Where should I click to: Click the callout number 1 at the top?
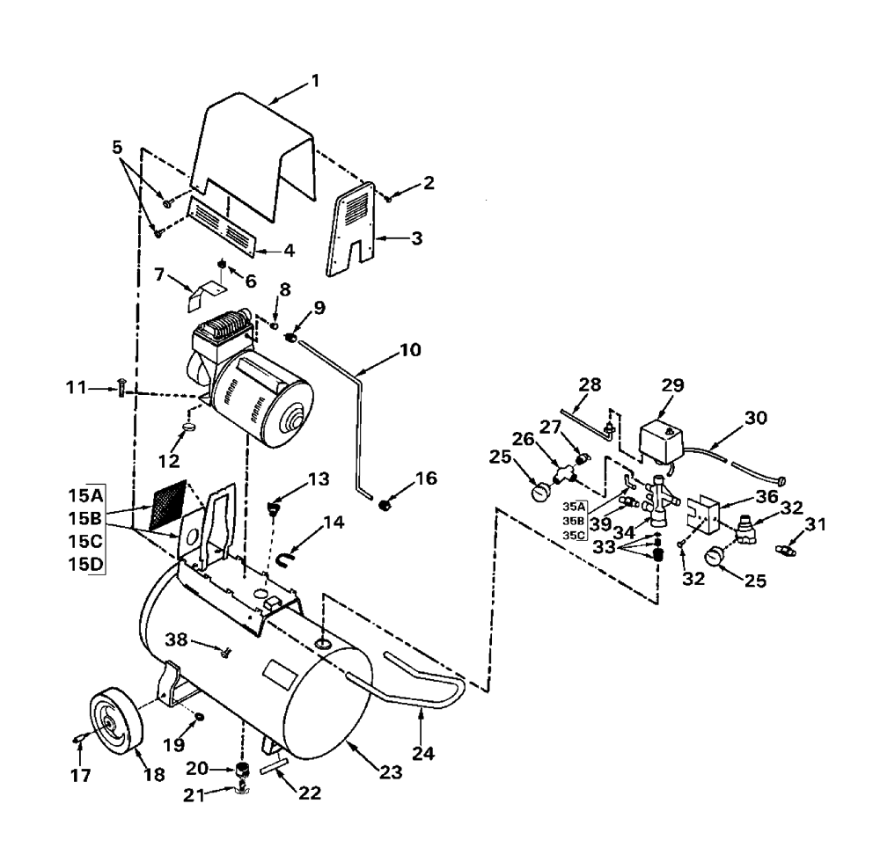[315, 82]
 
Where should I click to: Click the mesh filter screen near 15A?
[168, 505]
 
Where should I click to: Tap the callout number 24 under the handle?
[423, 753]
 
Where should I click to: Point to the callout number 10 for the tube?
[410, 350]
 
